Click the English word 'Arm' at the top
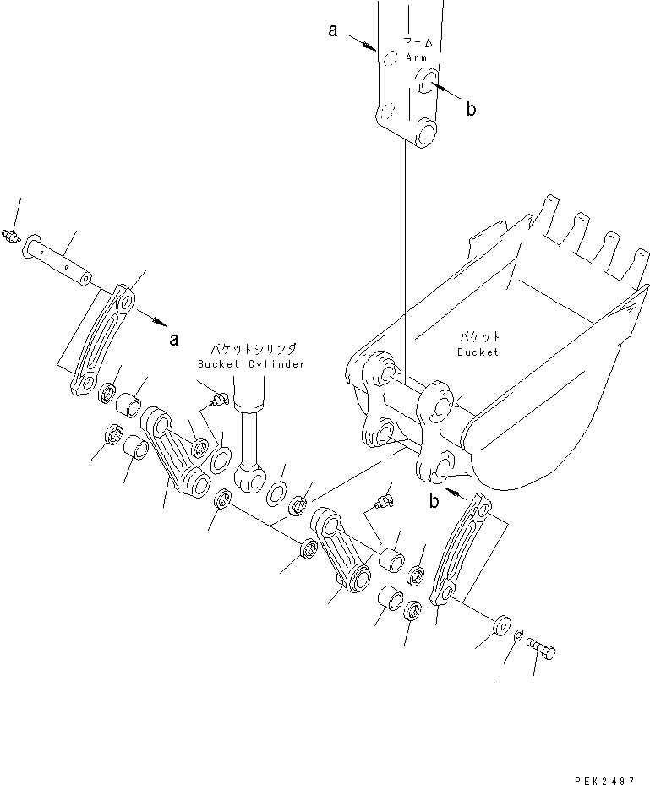point(416,57)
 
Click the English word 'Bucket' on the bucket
point(478,352)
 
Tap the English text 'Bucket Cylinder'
point(251,364)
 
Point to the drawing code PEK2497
point(604,780)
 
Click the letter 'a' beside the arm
point(333,31)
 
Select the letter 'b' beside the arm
point(471,108)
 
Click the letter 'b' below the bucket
point(434,500)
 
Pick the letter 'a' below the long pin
point(174,340)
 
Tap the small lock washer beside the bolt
point(519,635)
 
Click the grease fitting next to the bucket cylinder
point(219,400)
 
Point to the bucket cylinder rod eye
point(251,480)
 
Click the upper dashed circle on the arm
point(390,58)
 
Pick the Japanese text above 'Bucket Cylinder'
point(253,348)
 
